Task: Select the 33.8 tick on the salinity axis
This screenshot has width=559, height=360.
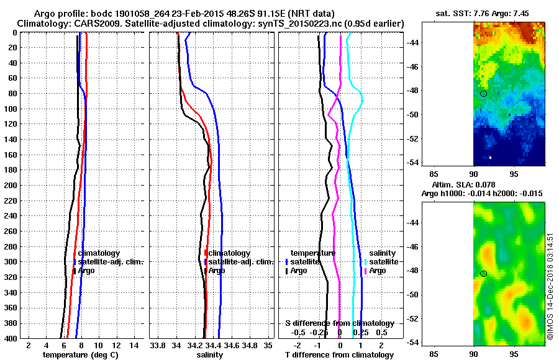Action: (158, 345)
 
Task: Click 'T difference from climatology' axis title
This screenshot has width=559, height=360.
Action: (339, 354)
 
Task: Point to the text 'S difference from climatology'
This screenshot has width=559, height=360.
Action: (339, 323)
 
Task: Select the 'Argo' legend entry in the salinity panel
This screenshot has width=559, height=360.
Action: (217, 271)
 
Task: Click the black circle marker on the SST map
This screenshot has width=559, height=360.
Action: (484, 93)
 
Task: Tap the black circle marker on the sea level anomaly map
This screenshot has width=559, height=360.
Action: (484, 273)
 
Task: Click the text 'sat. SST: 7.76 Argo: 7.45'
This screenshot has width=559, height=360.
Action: (484, 13)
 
